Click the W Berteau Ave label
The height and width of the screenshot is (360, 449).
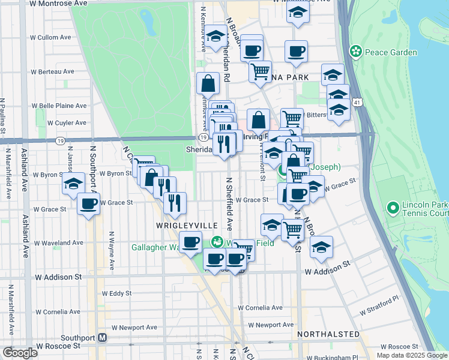coord(56,71)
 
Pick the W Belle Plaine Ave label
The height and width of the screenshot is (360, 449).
coord(59,106)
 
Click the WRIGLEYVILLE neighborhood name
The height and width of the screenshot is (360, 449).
coord(187,224)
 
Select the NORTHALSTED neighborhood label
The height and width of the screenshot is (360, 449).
coord(328,334)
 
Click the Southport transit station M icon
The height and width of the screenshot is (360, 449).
coord(103,337)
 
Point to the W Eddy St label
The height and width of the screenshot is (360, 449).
coord(116,293)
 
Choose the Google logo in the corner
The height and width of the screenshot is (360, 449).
coord(19,353)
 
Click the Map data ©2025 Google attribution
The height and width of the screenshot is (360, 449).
coord(411,355)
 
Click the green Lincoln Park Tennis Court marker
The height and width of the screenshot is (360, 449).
coord(393,208)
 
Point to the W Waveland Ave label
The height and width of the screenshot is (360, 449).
coord(58,244)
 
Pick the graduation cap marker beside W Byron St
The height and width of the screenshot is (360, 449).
coord(73,184)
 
